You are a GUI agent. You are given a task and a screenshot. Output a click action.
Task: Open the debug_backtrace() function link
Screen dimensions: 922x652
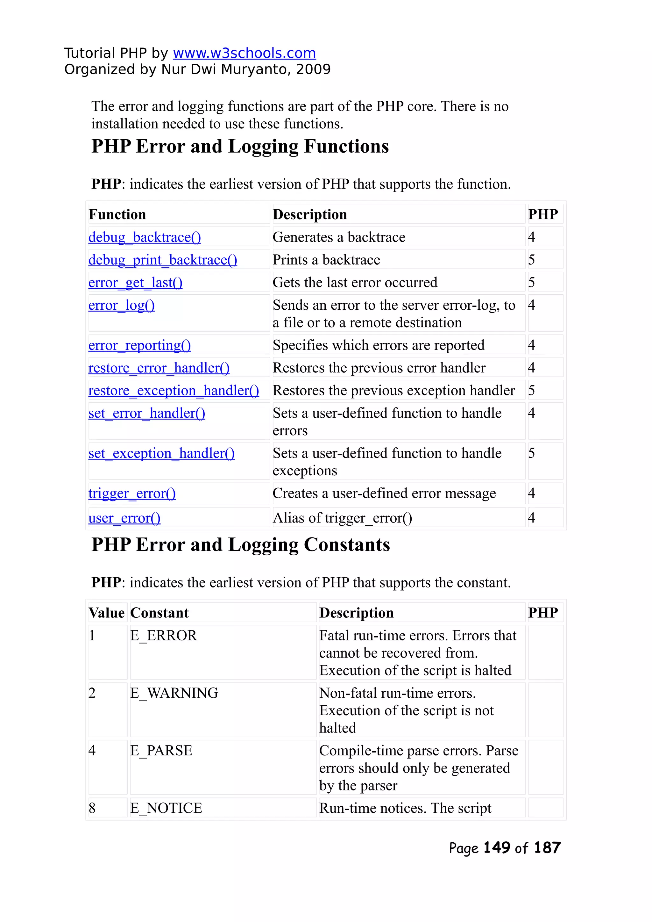point(145,237)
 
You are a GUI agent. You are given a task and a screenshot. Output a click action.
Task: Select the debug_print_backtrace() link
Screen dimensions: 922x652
point(163,260)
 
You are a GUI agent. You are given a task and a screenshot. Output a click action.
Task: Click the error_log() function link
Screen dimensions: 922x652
point(121,305)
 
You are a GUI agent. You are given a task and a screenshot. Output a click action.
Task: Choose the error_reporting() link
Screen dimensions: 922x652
point(139,345)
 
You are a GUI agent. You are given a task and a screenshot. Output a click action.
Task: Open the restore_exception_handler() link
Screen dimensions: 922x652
point(174,391)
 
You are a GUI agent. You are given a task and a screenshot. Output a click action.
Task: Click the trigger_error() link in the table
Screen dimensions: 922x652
point(132,493)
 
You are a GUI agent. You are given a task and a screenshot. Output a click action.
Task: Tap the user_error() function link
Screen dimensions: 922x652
point(124,518)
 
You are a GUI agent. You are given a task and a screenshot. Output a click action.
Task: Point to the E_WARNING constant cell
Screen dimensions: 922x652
point(174,693)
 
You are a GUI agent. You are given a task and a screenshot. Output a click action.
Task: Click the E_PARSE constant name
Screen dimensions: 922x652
point(161,751)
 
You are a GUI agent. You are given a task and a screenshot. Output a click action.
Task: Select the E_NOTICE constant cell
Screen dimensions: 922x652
point(166,808)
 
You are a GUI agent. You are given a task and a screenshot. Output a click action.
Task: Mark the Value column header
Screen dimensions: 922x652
point(106,613)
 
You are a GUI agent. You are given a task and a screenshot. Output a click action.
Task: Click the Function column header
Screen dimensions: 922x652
point(117,214)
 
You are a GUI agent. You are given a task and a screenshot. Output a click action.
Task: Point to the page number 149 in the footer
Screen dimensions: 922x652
point(497,848)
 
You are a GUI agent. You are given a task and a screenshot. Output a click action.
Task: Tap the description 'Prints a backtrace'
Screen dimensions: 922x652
point(326,260)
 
